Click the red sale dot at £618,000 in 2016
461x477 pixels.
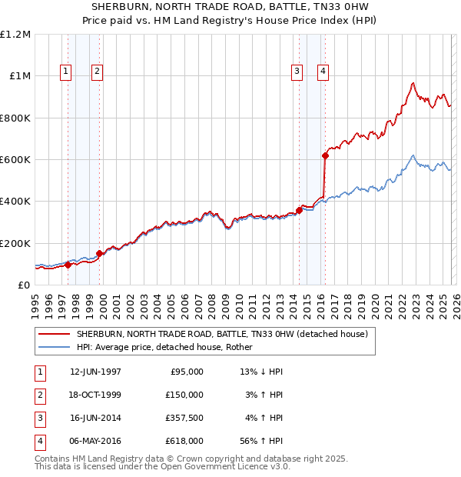[325, 155]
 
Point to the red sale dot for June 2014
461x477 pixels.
[299, 210]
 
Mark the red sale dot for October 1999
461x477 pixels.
[100, 253]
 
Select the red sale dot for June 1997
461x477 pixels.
[68, 265]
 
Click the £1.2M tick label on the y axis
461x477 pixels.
[15, 35]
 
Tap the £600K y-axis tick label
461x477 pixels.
[15, 160]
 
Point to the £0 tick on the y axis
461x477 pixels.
[22, 285]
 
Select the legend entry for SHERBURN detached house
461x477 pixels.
[223, 335]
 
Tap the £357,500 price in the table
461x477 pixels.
[184, 418]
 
